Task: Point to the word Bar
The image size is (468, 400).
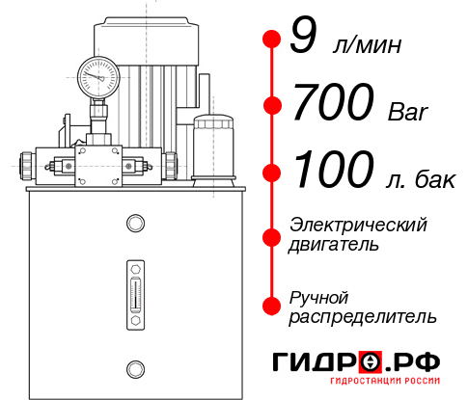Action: point(403,112)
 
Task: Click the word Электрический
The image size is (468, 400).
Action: point(358,225)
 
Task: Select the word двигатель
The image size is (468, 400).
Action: point(334,245)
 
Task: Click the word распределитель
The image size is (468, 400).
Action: point(363,316)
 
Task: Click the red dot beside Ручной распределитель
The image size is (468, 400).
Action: point(271,305)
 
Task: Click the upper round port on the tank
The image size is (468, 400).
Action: point(135,224)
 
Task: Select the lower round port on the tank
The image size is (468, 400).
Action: point(135,366)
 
